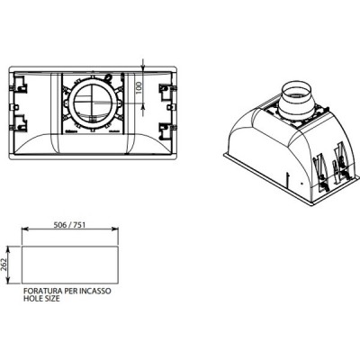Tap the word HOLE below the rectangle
[x=30, y=300]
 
